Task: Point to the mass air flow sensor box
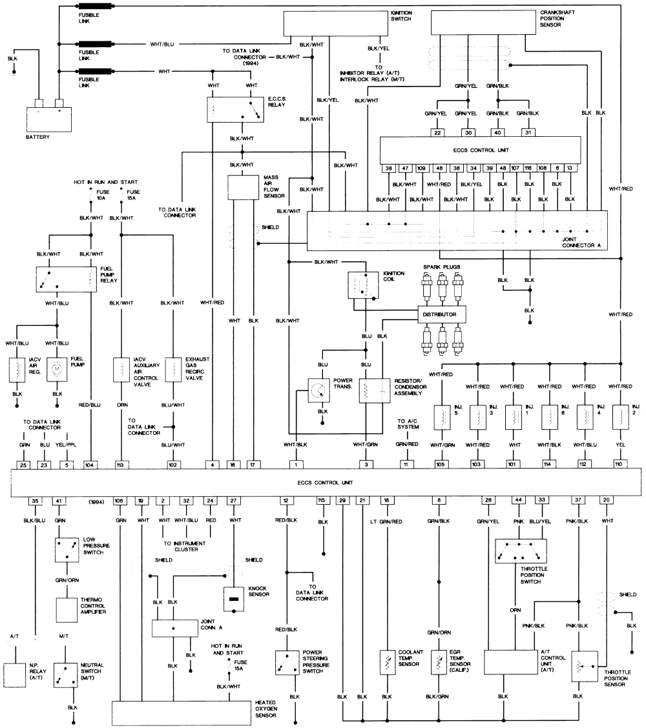click(243, 187)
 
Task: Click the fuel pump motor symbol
click(57, 370)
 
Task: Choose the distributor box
click(441, 314)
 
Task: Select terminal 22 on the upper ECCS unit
click(437, 133)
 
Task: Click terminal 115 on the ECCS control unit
click(321, 500)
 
